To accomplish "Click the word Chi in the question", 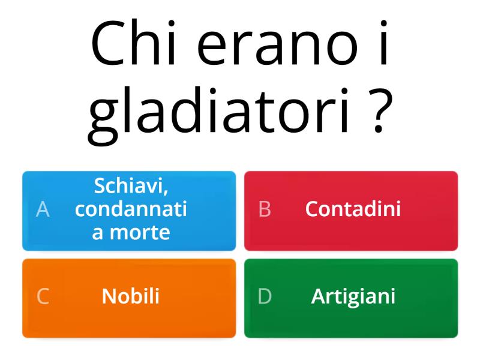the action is [x=133, y=43].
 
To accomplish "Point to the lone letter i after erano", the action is [x=384, y=43].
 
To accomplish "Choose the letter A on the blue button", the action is [x=43, y=209].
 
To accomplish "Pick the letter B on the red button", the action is [x=265, y=209].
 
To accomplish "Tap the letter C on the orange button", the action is [x=43, y=296].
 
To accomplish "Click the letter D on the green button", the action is [x=265, y=296].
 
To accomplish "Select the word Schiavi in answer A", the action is [x=130, y=185].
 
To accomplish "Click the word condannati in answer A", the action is [x=131, y=209].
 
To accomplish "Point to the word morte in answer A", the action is [x=140, y=233].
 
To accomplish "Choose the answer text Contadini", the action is [x=353, y=209].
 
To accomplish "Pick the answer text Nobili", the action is [x=131, y=296].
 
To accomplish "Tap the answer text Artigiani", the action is [x=353, y=297].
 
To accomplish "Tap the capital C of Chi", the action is [x=106, y=43].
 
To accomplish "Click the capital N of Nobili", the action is [x=109, y=296].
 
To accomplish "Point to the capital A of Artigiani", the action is [x=319, y=296].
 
